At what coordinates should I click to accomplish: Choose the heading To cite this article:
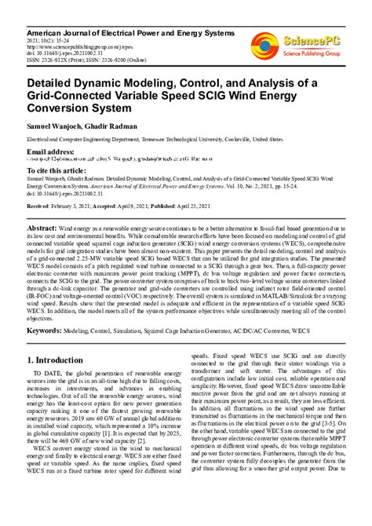coord(57,169)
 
